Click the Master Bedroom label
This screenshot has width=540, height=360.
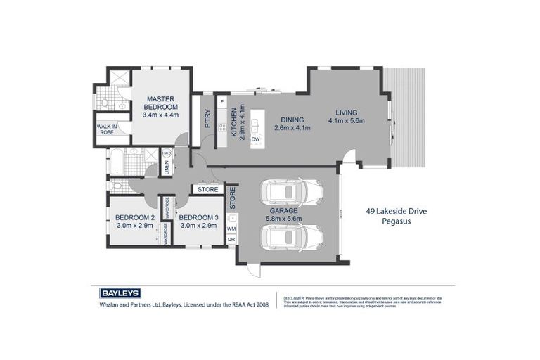(161, 102)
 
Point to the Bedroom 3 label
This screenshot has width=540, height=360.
(198, 218)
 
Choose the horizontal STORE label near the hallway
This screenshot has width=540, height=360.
(207, 189)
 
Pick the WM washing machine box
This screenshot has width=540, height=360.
(231, 229)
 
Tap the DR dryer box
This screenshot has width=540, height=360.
(231, 240)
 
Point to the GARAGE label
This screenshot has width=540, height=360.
(284, 210)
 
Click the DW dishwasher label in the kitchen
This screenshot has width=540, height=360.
(255, 139)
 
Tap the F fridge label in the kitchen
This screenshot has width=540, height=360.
(222, 103)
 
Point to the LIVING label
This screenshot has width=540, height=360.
(346, 112)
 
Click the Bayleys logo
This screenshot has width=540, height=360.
(120, 293)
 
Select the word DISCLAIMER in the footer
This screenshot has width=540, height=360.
(293, 298)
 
